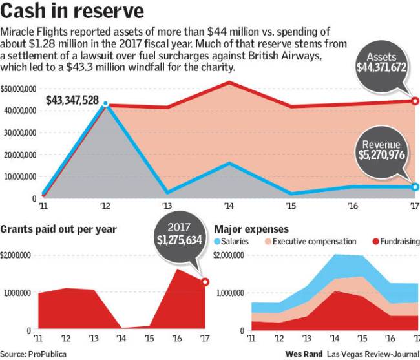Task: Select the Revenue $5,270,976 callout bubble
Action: click(x=381, y=149)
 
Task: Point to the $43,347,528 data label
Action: click(x=72, y=100)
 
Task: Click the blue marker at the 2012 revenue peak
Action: click(x=105, y=104)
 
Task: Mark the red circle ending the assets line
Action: click(x=415, y=101)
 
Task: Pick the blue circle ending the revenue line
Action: click(x=415, y=187)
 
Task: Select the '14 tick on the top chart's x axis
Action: click(x=229, y=206)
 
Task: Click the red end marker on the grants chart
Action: click(x=205, y=281)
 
